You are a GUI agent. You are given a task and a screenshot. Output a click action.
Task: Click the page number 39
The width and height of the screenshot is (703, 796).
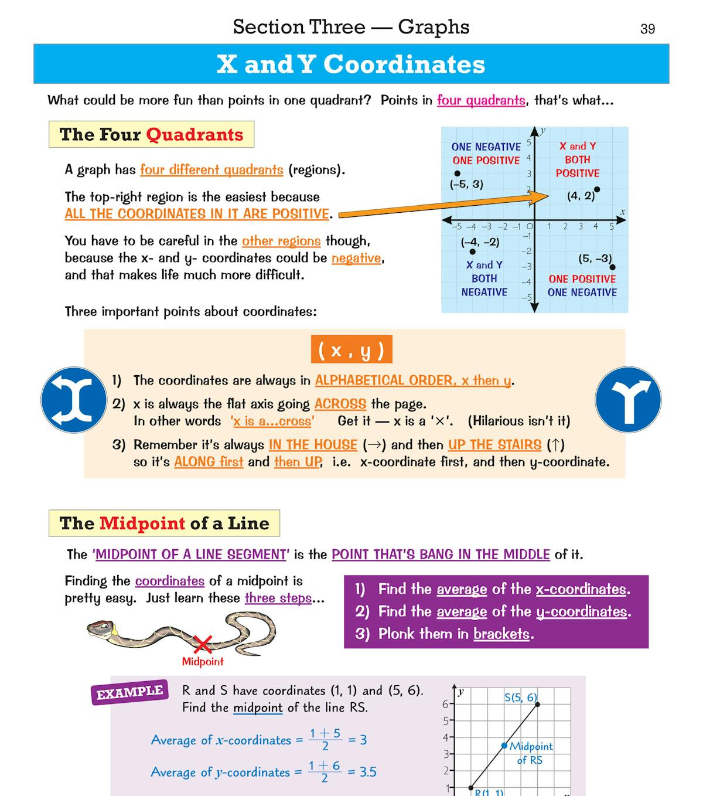(x=647, y=29)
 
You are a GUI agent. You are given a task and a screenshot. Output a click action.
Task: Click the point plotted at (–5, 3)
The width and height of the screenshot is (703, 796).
(x=457, y=174)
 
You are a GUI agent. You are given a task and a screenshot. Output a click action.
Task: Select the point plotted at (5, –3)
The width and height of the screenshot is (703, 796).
(x=612, y=267)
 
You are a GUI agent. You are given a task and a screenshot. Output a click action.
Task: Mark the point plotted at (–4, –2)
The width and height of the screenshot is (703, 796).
(x=473, y=252)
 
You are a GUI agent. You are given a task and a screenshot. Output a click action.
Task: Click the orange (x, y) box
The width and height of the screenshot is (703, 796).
(x=351, y=350)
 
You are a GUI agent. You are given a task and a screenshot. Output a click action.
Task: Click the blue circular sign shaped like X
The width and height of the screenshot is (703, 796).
(x=74, y=400)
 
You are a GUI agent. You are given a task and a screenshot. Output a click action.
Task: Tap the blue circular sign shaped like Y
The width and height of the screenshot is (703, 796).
(x=628, y=400)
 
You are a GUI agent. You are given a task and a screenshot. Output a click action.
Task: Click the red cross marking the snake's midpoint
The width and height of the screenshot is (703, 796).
(x=203, y=644)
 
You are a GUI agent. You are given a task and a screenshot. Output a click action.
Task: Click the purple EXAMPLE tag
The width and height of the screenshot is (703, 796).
(x=129, y=692)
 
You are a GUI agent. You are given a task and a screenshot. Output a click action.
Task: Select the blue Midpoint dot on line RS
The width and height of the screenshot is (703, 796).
(x=504, y=746)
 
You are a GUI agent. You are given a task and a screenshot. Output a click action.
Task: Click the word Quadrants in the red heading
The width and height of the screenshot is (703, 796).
(x=194, y=134)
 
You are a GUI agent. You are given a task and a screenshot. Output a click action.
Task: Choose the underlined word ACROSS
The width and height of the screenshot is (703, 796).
(x=340, y=404)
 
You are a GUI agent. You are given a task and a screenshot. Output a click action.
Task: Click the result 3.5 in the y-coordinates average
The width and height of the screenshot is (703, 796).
(x=368, y=772)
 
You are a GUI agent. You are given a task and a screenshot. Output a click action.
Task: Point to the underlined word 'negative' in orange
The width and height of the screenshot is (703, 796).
(x=356, y=258)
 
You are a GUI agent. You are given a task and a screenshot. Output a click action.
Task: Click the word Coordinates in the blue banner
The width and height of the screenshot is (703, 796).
(x=404, y=64)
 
